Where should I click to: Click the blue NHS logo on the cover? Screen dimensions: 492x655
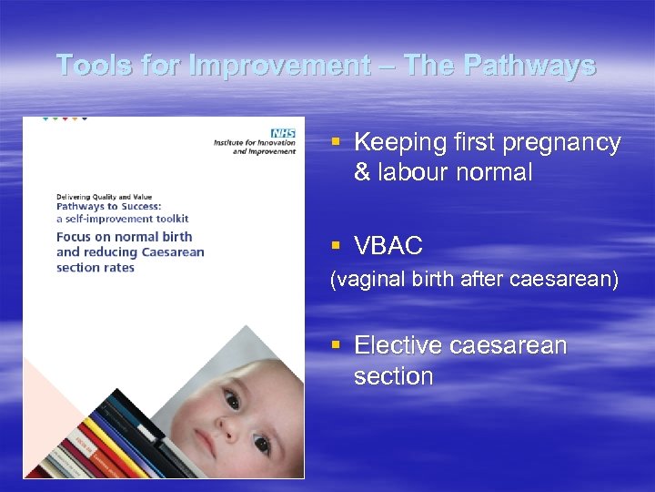285,131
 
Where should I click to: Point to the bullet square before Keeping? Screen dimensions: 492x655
336,143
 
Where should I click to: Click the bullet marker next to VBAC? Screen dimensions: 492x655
336,246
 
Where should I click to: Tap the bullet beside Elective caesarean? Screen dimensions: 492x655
336,346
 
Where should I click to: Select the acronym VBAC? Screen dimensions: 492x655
388,246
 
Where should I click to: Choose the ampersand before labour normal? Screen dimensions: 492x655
362,173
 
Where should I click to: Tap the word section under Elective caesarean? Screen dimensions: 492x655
393,376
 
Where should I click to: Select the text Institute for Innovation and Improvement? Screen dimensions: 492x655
255,147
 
